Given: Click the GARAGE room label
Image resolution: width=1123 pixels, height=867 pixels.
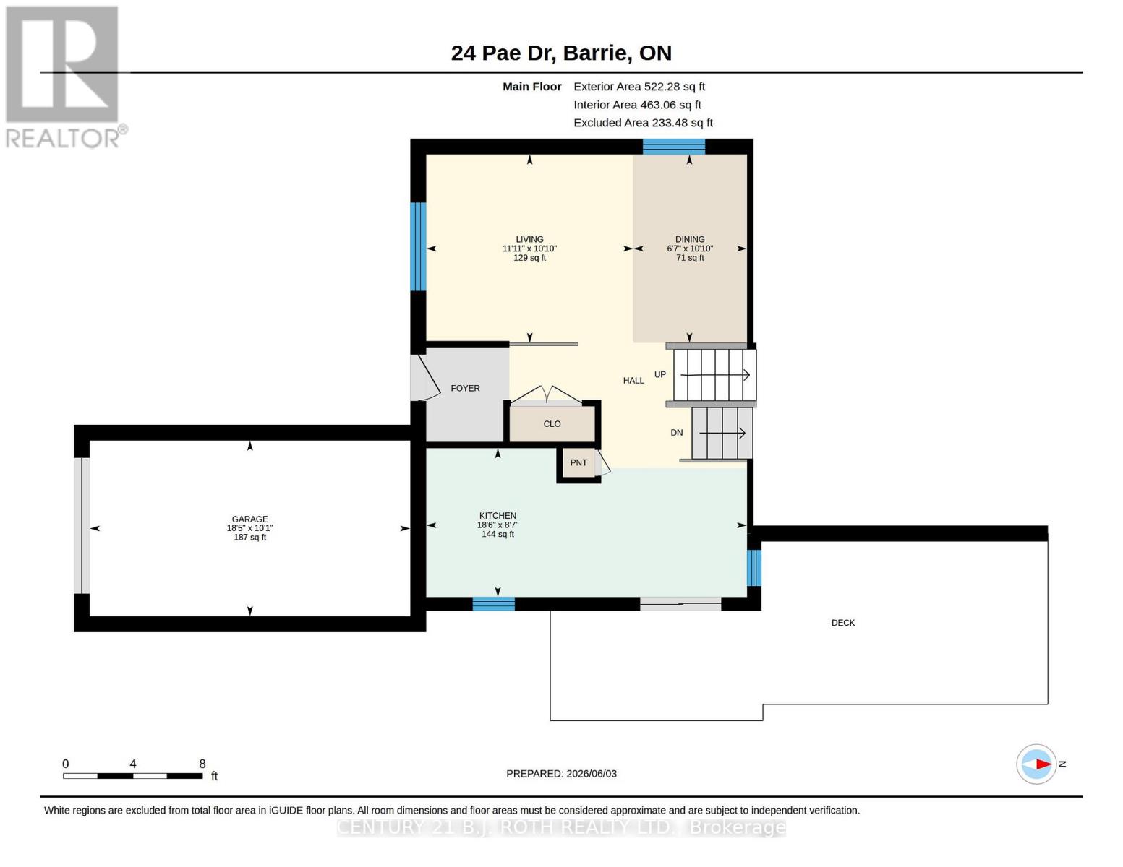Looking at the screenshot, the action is tap(249, 519).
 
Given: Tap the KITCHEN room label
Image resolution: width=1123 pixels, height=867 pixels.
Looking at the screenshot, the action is tap(498, 515).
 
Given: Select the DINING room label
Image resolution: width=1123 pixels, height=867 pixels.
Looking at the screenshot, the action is tap(690, 239).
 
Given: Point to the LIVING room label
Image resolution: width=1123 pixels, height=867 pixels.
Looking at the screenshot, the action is tap(530, 239).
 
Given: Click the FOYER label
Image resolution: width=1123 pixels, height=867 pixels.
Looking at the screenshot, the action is tap(465, 388).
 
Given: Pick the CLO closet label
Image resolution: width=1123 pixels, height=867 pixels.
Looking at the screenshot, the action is tap(552, 424).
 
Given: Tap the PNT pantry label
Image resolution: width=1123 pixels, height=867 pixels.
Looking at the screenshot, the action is tap(578, 462).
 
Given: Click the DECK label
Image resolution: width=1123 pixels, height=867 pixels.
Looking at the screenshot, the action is tap(843, 623).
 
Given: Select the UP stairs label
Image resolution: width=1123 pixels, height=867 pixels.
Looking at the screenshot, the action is tap(660, 374).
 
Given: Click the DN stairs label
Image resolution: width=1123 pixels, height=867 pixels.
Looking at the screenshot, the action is tap(677, 433).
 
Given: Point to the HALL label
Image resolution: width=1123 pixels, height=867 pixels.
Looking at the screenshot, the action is tap(633, 381).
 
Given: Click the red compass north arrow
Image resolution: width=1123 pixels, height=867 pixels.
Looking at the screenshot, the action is tap(1043, 764).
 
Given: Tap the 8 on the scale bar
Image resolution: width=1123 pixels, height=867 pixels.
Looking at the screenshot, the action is tap(202, 764).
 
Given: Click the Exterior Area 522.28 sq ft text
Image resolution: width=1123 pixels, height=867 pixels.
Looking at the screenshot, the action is tap(639, 87).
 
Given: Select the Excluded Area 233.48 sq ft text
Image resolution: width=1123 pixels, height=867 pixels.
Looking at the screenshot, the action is tap(643, 123).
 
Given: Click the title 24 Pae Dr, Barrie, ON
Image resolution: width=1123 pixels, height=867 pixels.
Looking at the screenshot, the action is tap(561, 53).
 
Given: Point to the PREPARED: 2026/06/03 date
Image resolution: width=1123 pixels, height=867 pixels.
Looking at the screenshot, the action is tap(561, 774).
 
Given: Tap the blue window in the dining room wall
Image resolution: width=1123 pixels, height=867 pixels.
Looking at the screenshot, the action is tap(673, 147).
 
